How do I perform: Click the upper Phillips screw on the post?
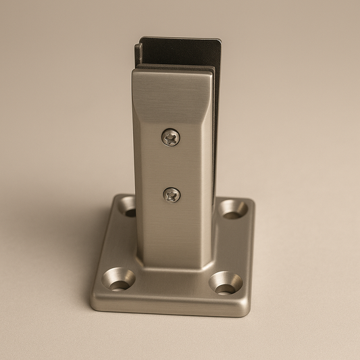(x=170, y=137)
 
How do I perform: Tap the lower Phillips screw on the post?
(x=172, y=195)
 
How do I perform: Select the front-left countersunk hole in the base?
(x=118, y=279)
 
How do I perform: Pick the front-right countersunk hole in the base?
(x=225, y=283)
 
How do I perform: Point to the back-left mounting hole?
(x=127, y=206)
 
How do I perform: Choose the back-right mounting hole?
(x=233, y=209)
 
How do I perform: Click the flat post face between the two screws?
(x=171, y=166)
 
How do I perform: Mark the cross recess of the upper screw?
(x=170, y=137)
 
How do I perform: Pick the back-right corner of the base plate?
(x=251, y=201)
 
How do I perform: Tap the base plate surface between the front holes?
(x=172, y=287)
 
